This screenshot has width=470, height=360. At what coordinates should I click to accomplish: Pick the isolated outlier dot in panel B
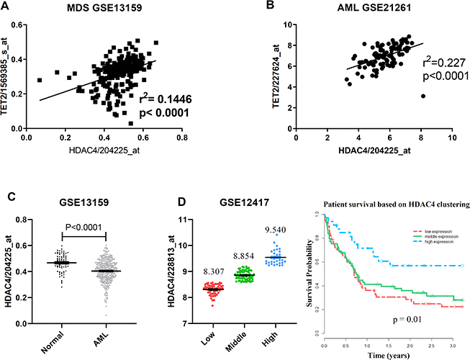(x=423, y=96)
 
